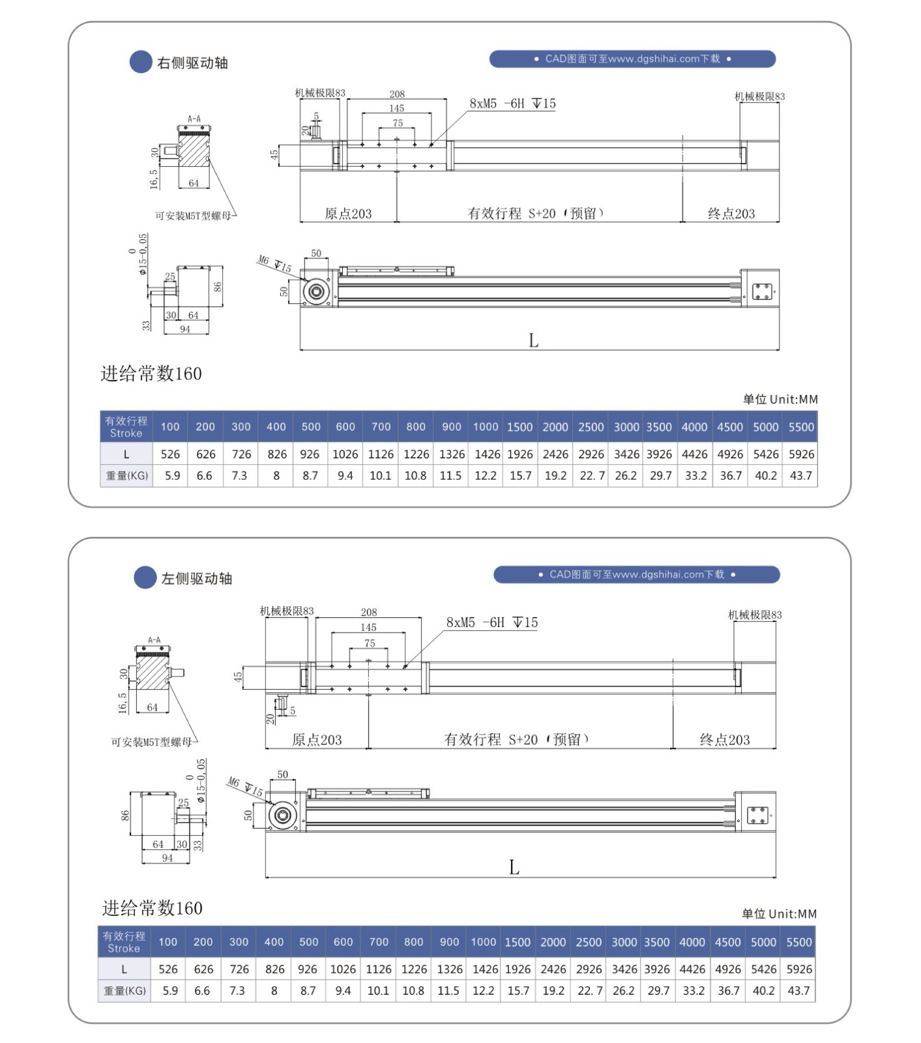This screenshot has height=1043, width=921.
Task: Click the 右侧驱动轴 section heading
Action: (x=192, y=63)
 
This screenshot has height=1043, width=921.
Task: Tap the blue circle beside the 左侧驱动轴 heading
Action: (x=145, y=578)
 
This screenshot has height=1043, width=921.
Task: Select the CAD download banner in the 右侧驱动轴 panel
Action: (x=632, y=59)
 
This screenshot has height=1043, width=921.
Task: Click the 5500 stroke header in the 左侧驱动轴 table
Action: (x=798, y=942)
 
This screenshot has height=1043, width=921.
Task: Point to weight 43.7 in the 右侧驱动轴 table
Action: (x=800, y=476)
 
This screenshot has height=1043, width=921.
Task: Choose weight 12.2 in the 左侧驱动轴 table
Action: (x=483, y=991)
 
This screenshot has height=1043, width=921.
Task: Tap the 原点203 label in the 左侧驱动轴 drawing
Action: (x=317, y=740)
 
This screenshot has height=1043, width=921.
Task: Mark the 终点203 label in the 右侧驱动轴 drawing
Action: (x=731, y=214)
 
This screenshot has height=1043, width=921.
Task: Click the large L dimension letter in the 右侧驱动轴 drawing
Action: (x=533, y=341)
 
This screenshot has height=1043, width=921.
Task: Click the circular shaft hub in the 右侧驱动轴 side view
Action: (x=317, y=291)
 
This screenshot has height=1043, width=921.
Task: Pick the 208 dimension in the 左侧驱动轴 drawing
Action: (x=369, y=612)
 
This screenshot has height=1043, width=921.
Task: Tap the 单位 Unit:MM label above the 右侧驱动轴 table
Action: (x=780, y=400)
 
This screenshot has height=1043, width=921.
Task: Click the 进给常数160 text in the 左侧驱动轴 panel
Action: (x=152, y=908)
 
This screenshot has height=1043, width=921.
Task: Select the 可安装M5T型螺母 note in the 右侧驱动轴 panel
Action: (x=193, y=216)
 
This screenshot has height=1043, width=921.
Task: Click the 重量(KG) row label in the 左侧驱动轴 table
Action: (x=124, y=991)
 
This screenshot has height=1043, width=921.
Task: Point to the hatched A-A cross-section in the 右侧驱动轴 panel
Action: (x=194, y=151)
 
